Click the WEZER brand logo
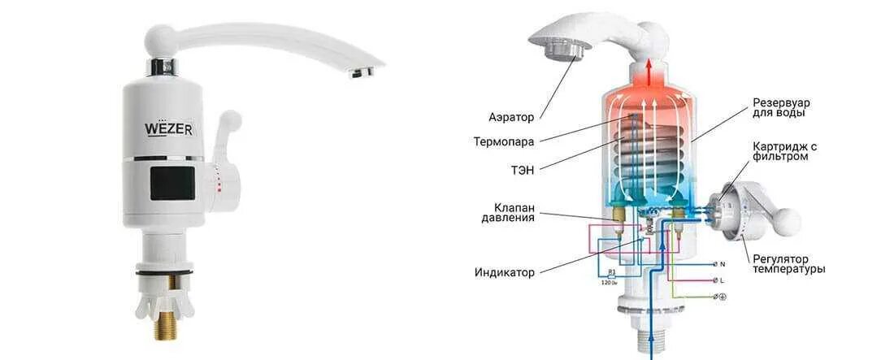click(x=167, y=128)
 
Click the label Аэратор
click(x=511, y=117)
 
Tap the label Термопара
click(x=504, y=141)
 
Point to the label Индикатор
click(x=505, y=272)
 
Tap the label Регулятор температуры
click(x=788, y=263)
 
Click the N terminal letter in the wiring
click(x=723, y=264)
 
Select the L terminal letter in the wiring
click(x=723, y=280)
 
